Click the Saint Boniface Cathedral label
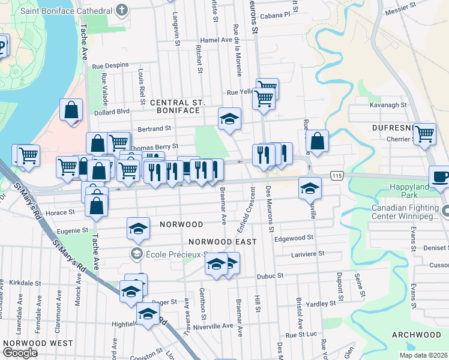pos(66,11)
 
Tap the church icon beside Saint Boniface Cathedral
pos(122,10)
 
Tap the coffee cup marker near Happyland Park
pos(441,178)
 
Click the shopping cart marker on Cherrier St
pos(424,134)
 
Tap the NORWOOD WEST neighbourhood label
pos(38,344)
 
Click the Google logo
pos(19,352)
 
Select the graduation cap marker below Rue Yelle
pos(229,119)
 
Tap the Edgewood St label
pos(294,238)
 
